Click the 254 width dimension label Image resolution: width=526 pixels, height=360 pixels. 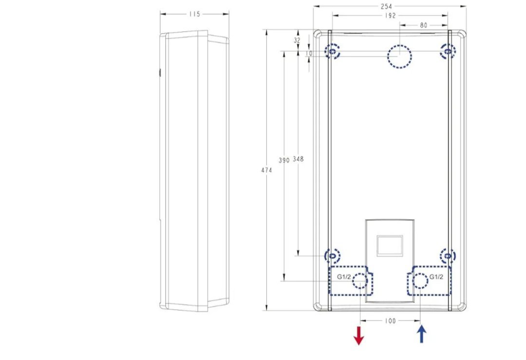[x=386, y=6]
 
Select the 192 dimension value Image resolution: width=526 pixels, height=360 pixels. [x=391, y=16]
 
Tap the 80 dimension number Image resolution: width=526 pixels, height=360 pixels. [x=424, y=25]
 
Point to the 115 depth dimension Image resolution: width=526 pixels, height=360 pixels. [x=194, y=14]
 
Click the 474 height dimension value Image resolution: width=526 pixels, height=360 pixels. [x=267, y=170]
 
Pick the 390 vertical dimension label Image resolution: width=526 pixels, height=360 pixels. [x=284, y=160]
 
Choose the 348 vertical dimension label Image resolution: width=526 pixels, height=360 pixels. [x=298, y=159]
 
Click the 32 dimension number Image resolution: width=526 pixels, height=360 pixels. [x=297, y=40]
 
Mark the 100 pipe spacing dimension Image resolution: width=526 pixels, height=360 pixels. [x=390, y=321]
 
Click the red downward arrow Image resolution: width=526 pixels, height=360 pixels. [x=358, y=335]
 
